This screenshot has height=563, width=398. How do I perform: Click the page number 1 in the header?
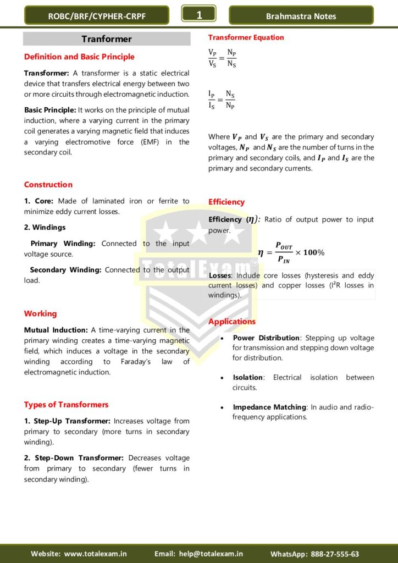(x=199, y=15)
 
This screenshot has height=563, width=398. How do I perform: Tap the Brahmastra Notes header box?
(x=301, y=16)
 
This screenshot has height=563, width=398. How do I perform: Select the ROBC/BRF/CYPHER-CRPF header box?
(x=97, y=16)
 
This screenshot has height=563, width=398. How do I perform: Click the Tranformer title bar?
(x=107, y=39)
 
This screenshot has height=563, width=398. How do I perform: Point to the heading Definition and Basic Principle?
(x=79, y=57)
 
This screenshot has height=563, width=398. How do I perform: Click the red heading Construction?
(x=48, y=185)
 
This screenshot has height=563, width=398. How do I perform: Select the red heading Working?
(x=40, y=313)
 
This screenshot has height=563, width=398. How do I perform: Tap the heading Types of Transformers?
(x=66, y=405)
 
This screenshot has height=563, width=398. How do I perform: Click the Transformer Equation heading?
(x=246, y=37)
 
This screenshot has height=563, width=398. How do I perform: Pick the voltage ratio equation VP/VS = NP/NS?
(x=222, y=58)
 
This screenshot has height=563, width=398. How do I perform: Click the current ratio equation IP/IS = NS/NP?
(x=222, y=99)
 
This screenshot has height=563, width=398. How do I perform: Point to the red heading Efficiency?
(x=226, y=202)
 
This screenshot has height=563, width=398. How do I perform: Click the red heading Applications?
(x=232, y=322)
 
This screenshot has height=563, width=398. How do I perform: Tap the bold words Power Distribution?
(x=267, y=338)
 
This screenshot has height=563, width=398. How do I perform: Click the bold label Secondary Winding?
(x=66, y=270)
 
